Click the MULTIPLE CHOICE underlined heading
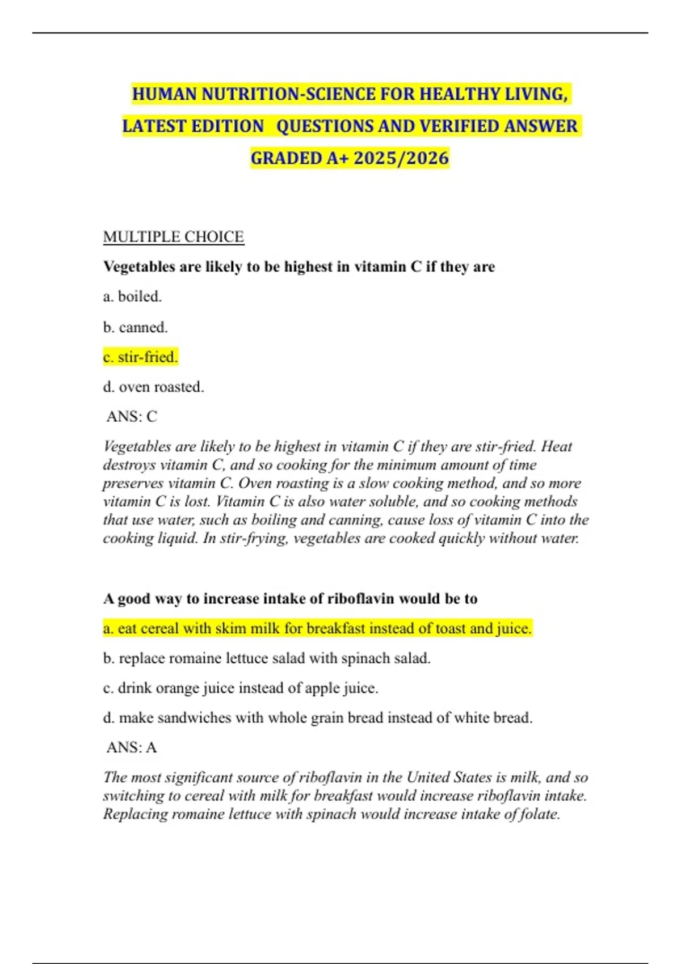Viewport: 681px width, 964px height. (x=173, y=236)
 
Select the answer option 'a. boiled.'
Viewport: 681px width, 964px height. (x=132, y=297)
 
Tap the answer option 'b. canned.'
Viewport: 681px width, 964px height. (x=135, y=327)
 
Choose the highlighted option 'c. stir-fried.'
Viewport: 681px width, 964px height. (x=140, y=357)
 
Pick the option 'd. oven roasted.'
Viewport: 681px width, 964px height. (x=153, y=387)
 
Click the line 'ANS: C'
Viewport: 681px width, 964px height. (x=132, y=417)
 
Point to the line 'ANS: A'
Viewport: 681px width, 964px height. (x=132, y=747)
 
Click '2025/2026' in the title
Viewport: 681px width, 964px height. (x=401, y=158)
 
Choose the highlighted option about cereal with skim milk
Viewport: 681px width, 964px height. (x=317, y=629)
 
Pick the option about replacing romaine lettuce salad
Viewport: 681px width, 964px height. (x=267, y=658)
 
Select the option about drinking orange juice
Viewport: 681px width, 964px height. (x=241, y=688)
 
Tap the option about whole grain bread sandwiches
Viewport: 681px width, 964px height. (x=317, y=718)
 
